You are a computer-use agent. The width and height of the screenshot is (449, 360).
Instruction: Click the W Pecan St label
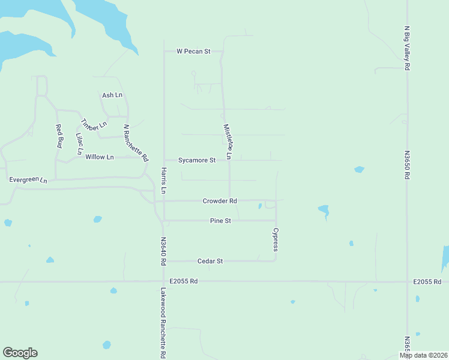coord(193,52)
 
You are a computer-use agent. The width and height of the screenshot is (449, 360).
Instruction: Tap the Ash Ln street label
coord(112,95)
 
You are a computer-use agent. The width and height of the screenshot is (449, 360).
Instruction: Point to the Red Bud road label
coord(59,136)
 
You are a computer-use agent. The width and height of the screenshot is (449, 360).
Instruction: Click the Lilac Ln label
coord(79,143)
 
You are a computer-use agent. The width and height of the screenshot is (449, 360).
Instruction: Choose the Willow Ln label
coord(99,157)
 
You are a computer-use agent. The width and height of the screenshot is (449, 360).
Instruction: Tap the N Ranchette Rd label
coord(136,143)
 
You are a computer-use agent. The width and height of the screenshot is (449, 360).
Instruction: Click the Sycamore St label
coord(197,161)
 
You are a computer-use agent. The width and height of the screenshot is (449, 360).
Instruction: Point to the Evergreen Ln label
coord(28,179)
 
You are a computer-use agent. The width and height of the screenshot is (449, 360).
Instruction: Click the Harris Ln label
coord(163,181)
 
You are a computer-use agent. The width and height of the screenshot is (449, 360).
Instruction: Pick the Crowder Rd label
coord(220,201)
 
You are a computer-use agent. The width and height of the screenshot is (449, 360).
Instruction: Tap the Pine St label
coord(220,221)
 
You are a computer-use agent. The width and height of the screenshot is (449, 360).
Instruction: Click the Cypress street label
coord(276,239)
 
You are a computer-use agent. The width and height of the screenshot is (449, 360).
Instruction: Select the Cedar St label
coord(211,262)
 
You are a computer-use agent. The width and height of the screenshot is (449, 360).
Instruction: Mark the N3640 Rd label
coord(163,250)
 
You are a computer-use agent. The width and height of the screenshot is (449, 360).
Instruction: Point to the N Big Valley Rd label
coord(407,48)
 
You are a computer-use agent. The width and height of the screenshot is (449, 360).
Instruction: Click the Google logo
coord(20,353)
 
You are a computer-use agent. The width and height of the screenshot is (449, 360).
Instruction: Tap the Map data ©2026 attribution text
coord(423,356)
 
